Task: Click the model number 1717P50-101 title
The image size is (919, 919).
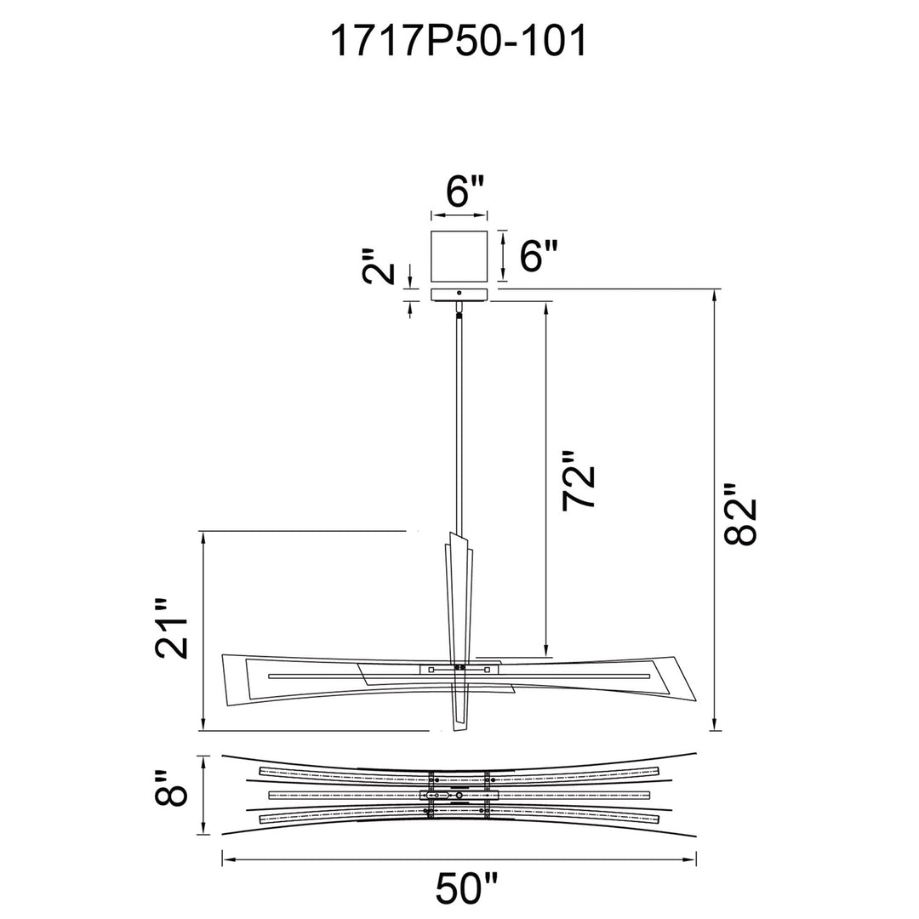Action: click(459, 42)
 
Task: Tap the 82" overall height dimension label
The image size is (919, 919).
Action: click(741, 515)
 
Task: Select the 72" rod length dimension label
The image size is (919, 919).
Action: click(579, 481)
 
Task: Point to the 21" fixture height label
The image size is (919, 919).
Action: click(172, 629)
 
